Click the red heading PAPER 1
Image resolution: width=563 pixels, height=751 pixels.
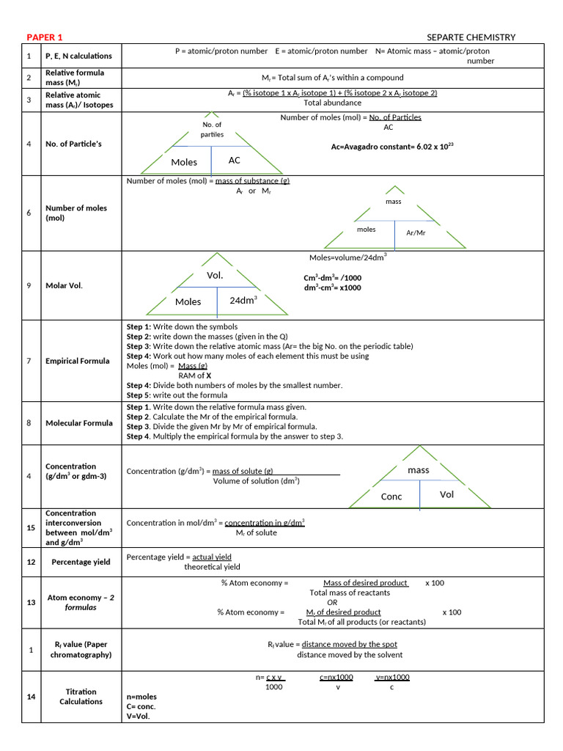point(45,37)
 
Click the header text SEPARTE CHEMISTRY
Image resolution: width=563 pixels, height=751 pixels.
point(471,37)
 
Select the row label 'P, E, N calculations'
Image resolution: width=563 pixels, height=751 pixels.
point(78,56)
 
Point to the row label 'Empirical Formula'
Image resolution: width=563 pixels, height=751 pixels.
point(77,361)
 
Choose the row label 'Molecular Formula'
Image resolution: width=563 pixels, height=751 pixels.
point(79,423)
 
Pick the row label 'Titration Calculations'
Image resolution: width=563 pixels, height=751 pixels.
point(81,697)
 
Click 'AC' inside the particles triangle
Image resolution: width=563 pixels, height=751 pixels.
point(235,160)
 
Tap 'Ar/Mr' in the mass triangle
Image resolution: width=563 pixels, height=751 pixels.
point(416,232)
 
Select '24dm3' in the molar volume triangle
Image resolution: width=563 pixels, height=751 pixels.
point(243,300)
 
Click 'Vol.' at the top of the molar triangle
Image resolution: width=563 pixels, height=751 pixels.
point(215,276)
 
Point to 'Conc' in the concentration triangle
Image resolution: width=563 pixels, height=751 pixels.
point(391,497)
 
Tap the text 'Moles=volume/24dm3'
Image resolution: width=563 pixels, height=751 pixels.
point(347,257)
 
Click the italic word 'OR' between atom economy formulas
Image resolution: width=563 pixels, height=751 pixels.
point(332,602)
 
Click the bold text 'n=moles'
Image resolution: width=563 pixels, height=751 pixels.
point(141,697)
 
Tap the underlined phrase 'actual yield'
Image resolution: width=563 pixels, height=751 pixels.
point(212,557)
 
